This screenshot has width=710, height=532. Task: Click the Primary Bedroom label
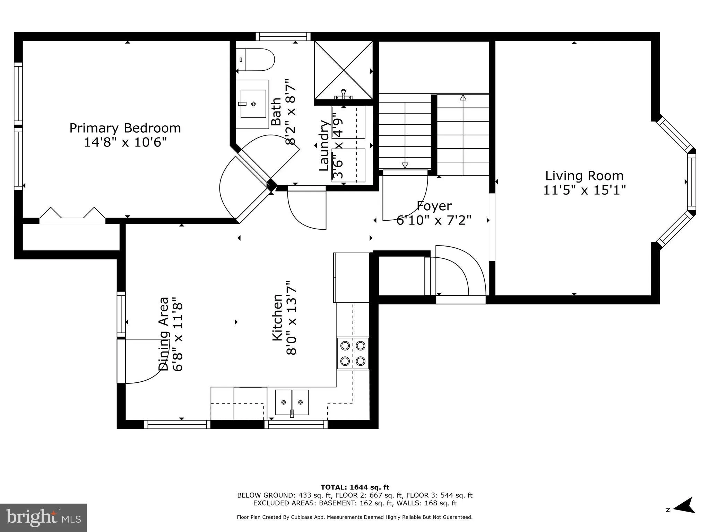click(125, 128)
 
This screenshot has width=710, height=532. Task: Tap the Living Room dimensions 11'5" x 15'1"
click(584, 190)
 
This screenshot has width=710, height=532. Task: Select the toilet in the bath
click(256, 60)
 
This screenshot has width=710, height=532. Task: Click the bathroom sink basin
click(253, 104)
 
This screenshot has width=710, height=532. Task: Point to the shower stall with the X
click(343, 70)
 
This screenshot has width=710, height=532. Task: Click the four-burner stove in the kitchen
click(353, 353)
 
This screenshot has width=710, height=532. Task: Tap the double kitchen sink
click(292, 402)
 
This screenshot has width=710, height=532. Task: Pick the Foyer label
click(434, 206)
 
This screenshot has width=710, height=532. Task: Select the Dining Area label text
click(164, 334)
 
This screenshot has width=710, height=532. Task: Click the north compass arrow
click(683, 515)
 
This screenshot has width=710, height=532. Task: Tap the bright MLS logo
click(43, 517)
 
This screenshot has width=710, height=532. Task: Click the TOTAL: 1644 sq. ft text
click(355, 487)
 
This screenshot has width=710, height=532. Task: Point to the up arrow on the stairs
click(463, 98)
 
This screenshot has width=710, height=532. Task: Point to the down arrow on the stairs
click(405, 165)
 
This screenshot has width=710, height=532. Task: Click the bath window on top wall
click(283, 37)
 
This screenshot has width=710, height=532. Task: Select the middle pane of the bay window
click(691, 182)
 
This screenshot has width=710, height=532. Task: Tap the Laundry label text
click(324, 145)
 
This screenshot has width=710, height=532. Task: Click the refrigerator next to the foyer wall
click(351, 277)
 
